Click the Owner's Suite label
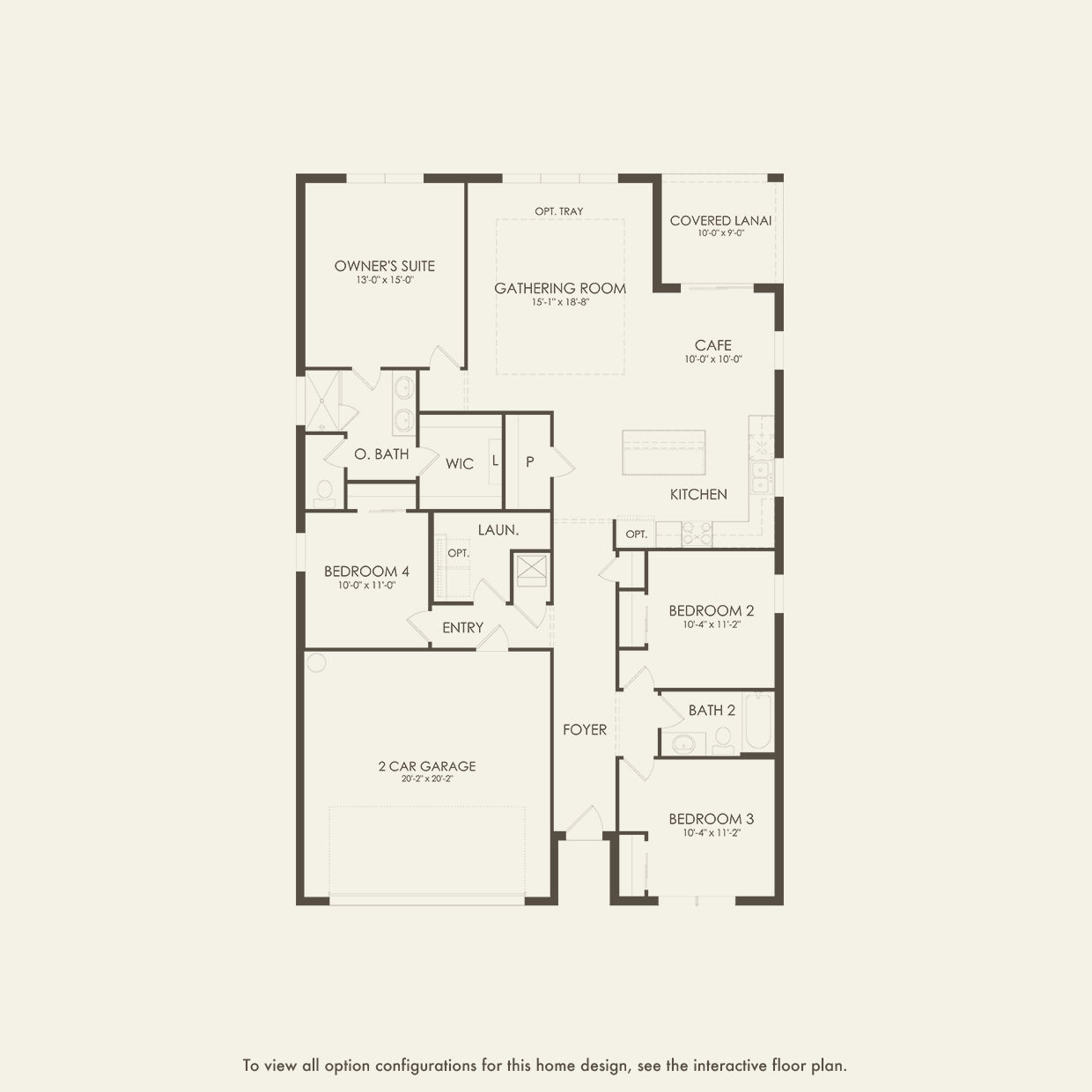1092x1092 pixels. point(384,266)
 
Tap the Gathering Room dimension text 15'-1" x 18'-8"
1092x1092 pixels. point(560,302)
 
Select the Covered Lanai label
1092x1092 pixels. point(720,221)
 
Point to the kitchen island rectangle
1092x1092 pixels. point(663,452)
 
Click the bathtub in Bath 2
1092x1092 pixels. point(756,723)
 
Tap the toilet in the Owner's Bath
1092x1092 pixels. point(324,491)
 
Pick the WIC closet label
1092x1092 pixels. point(459,464)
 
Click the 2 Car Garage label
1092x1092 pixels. point(427,766)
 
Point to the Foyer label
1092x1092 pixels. point(585,729)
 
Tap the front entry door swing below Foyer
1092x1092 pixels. point(582,823)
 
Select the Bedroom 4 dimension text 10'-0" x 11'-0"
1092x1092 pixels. point(366,586)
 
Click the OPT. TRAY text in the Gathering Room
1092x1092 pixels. point(558,211)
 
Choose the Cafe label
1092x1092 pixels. point(712,346)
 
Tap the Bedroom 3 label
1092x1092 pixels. point(711,819)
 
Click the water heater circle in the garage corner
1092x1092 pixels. point(316,662)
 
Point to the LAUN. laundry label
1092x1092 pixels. point(498,530)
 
